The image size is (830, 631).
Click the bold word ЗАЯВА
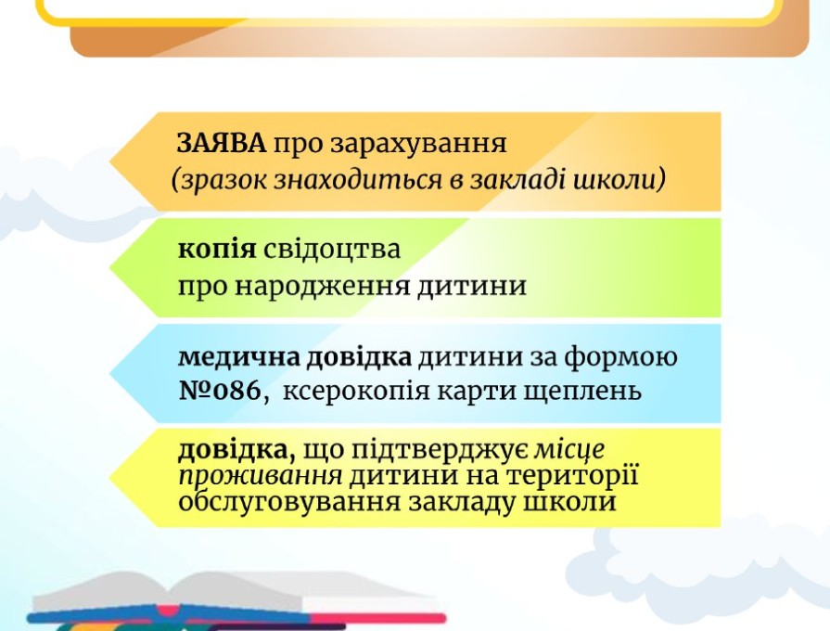click(x=222, y=143)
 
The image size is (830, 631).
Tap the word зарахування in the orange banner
click(x=418, y=144)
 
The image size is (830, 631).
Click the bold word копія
click(x=217, y=250)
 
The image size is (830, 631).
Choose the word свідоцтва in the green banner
click(x=332, y=248)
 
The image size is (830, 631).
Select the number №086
click(x=220, y=391)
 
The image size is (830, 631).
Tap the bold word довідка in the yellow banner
click(x=237, y=450)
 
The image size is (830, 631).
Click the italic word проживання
click(x=261, y=476)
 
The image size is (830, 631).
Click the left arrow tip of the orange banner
click(x=110, y=161)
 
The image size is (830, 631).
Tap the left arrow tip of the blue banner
click(x=110, y=374)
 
